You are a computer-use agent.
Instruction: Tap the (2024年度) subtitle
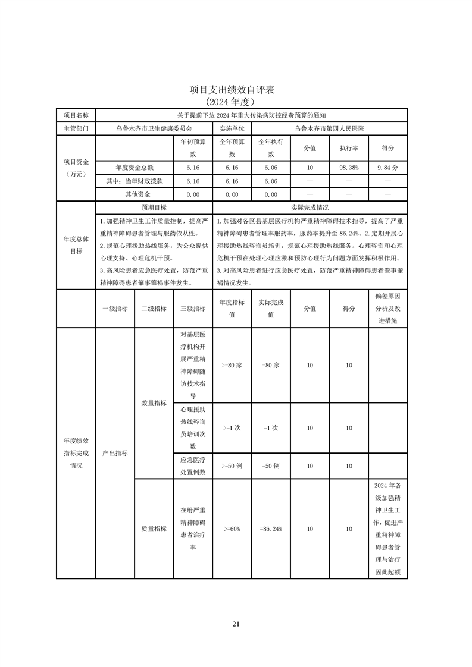coord(236,102)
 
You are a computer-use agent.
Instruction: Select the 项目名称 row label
coord(76,115)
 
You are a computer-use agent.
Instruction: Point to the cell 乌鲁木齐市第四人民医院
coord(329,128)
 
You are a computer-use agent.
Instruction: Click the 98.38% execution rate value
coord(349,168)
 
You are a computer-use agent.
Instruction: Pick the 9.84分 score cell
coord(387,168)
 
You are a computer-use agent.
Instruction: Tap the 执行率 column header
coord(349,148)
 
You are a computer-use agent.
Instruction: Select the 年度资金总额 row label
coord(135,168)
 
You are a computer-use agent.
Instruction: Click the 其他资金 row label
coord(135,194)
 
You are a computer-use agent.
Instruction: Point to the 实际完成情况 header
coord(310,207)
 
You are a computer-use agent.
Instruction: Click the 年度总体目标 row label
coord(76,245)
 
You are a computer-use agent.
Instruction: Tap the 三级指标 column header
coord(193,308)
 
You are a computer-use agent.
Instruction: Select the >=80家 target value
coord(232,365)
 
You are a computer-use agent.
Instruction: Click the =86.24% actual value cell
coord(271,528)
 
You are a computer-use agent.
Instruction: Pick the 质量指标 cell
coord(154,528)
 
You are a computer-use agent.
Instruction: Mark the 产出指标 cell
coord(115,452)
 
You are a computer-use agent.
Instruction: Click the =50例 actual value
coord(271,466)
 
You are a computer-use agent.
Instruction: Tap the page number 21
coord(236,624)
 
